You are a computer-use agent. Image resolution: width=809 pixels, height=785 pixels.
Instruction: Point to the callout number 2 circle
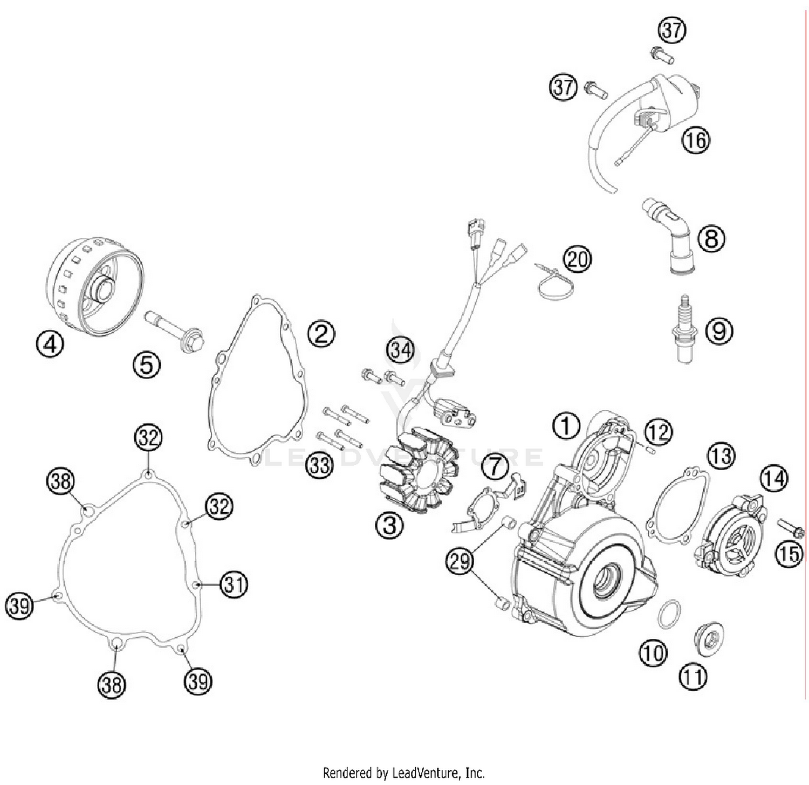(321, 334)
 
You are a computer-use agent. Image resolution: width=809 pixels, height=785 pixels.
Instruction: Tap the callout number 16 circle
(696, 140)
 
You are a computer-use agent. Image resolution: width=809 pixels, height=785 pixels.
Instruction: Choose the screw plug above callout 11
(708, 640)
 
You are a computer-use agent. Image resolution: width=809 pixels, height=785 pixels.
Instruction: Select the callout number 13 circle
(721, 456)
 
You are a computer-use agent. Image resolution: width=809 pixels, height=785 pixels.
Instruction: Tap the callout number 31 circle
(234, 584)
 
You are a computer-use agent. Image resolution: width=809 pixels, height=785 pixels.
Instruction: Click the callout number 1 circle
(566, 426)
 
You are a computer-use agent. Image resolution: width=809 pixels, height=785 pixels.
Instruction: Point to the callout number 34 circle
(401, 350)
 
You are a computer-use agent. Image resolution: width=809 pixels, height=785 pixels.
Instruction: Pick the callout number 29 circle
(460, 561)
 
